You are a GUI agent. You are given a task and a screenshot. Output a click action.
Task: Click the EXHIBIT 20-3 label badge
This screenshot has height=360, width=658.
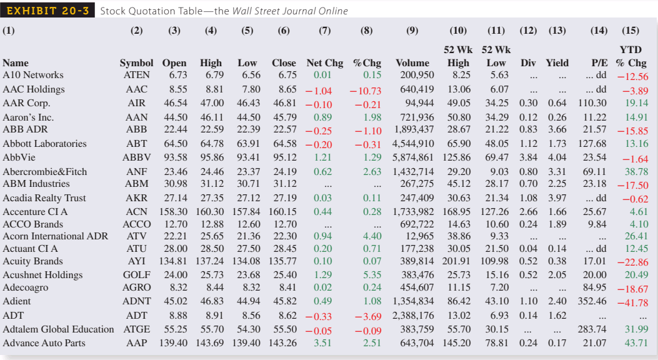point(48,11)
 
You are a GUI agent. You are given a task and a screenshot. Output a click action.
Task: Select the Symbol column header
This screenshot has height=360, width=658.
point(136,63)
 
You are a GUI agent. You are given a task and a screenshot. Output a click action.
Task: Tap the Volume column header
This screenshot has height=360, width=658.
point(412,63)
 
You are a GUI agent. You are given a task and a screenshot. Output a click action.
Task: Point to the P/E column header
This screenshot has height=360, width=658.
point(598,63)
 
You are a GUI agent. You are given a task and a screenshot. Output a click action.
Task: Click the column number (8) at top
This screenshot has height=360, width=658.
point(367,31)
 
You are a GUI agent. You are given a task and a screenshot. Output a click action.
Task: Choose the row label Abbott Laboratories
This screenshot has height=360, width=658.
point(44,144)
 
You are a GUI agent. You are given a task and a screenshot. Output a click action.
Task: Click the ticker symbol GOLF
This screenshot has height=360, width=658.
point(136,275)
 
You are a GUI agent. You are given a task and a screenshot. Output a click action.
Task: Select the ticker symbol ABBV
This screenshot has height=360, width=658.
point(136,157)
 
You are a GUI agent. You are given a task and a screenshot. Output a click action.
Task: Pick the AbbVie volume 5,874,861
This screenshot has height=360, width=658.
point(413,157)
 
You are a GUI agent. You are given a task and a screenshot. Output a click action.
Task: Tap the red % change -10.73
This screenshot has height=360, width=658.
point(366,91)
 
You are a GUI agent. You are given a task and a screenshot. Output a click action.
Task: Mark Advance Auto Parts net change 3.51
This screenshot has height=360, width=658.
point(322,343)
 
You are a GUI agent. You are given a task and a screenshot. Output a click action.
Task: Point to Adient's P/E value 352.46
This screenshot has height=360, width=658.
point(591,301)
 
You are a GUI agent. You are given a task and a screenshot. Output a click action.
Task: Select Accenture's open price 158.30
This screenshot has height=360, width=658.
point(174,212)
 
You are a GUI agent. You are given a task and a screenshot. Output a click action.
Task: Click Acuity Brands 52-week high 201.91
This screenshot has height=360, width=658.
point(457,261)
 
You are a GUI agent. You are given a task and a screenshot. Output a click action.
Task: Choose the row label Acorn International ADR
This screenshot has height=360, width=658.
point(55,236)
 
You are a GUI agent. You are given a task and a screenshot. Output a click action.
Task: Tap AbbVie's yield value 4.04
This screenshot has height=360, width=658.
point(557,157)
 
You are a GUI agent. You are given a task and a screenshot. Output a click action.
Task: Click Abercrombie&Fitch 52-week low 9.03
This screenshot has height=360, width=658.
point(498,172)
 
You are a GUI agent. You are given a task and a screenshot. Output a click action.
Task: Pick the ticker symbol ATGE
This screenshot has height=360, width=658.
point(136,329)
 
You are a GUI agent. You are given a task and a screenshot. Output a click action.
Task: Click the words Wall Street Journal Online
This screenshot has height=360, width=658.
point(289,11)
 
